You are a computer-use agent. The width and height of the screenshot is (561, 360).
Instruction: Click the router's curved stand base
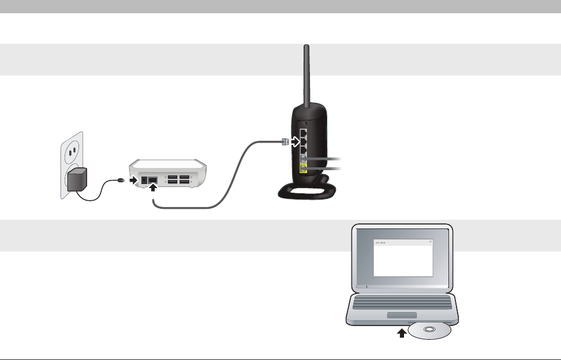pyautogui.click(x=306, y=194)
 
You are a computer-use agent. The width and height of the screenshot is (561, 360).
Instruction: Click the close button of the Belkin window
pyautogui.click(x=429, y=242)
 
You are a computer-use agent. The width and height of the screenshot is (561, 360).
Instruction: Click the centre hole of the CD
pyautogui.click(x=429, y=330)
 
